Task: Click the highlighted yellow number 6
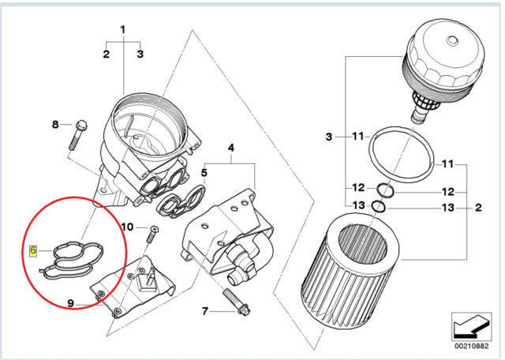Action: pyautogui.click(x=33, y=250)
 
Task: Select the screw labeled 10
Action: pyautogui.click(x=152, y=234)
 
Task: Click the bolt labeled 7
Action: pyautogui.click(x=236, y=302)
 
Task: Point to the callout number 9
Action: pyautogui.click(x=71, y=303)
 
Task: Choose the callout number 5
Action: pyautogui.click(x=204, y=173)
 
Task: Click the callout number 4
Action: pyautogui.click(x=231, y=148)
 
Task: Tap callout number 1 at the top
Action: pyautogui.click(x=123, y=30)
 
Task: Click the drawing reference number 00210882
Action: pyautogui.click(x=472, y=346)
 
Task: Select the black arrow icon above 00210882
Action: pyautogui.click(x=471, y=327)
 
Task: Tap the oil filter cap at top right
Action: pyautogui.click(x=442, y=69)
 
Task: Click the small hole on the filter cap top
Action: pyautogui.click(x=451, y=40)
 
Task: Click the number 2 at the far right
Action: pyautogui.click(x=478, y=207)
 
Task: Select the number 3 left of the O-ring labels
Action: pyautogui.click(x=328, y=137)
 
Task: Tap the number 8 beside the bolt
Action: pyautogui.click(x=55, y=124)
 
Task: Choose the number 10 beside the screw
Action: pyautogui.click(x=127, y=227)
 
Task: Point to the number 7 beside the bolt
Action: pyautogui.click(x=205, y=311)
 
